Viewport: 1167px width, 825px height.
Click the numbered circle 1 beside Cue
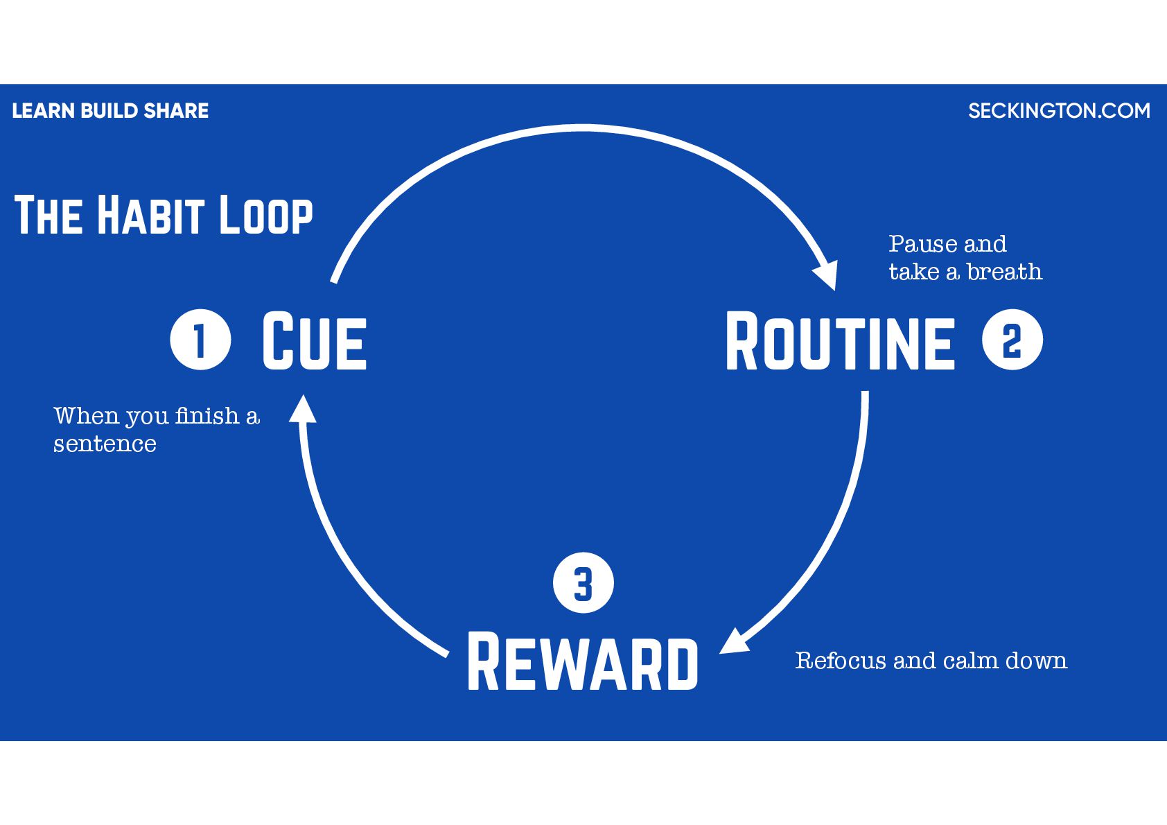[x=200, y=340]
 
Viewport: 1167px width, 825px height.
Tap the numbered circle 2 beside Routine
[x=1012, y=340]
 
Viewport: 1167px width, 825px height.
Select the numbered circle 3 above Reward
[x=583, y=583]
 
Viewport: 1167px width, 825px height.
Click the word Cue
[x=314, y=340]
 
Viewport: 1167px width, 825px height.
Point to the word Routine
[x=840, y=341]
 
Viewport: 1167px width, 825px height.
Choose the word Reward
[x=583, y=662]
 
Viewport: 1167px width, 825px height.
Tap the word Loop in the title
[x=266, y=215]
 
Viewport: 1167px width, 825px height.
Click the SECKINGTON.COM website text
[x=1059, y=111]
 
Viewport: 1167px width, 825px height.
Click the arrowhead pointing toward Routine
[x=827, y=275]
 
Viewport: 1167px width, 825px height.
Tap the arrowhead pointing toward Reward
[x=735, y=641]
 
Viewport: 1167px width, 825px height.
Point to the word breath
[x=1005, y=272]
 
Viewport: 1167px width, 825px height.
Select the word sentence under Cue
[x=105, y=444]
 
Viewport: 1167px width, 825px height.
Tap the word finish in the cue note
[x=207, y=415]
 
